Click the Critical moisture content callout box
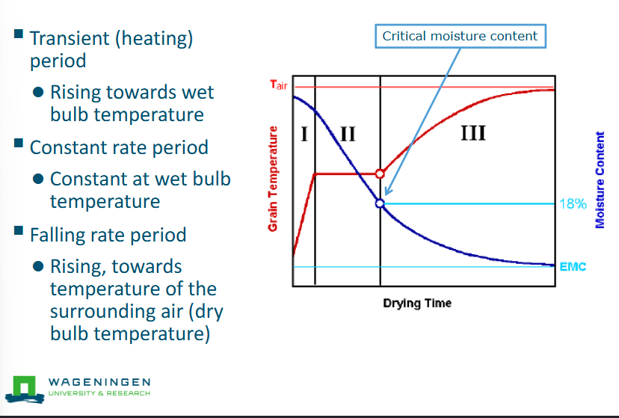click(x=460, y=36)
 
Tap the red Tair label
click(x=278, y=84)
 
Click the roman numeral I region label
click(x=304, y=135)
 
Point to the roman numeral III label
click(x=473, y=134)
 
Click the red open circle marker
click(x=380, y=173)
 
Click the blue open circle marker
click(x=380, y=203)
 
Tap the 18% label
click(x=573, y=203)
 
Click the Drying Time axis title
click(x=417, y=304)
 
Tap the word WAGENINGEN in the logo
click(x=99, y=381)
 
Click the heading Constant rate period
click(x=119, y=147)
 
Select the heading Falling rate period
click(x=108, y=235)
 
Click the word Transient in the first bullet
click(x=66, y=38)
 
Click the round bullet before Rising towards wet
click(x=37, y=93)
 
